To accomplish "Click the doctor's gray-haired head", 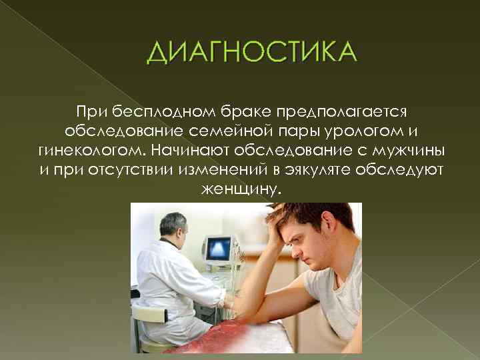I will coord(171,225).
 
